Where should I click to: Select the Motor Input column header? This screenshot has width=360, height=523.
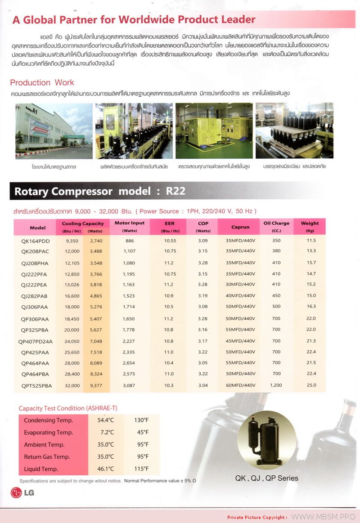click(130, 224)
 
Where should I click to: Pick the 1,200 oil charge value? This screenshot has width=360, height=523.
click(276, 385)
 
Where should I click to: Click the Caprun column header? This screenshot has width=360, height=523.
click(240, 227)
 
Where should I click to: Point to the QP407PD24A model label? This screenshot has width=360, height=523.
click(37, 341)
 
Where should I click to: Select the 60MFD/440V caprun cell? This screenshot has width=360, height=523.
click(240, 385)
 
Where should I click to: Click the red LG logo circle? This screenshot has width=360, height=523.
click(16, 492)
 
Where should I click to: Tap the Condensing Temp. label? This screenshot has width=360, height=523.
click(48, 420)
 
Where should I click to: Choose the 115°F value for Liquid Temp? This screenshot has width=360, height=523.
click(141, 469)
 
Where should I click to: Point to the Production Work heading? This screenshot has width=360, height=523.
click(42, 83)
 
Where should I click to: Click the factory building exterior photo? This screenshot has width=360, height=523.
click(54, 131)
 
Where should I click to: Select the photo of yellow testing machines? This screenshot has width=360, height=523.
click(214, 131)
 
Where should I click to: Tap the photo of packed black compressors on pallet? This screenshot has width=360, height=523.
click(294, 131)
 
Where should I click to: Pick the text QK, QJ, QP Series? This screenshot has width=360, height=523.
click(266, 478)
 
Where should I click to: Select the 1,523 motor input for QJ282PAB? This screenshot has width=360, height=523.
click(129, 296)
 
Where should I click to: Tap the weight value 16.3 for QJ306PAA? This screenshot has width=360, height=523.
click(311, 306)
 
